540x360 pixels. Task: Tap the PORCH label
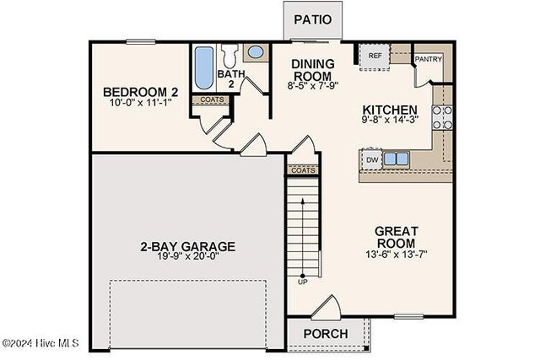point(325,334)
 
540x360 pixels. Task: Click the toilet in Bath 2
point(230,57)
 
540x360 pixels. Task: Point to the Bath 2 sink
point(256,52)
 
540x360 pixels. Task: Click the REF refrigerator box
point(375,56)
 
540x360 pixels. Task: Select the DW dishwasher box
point(371,159)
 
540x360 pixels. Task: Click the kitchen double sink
point(395,158)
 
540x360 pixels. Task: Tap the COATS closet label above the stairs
point(302,169)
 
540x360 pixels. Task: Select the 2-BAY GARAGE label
point(187,247)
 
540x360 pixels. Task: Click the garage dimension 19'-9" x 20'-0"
point(187,260)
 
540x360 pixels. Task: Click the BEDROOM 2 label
point(138,91)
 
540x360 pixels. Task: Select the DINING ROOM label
point(312,71)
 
